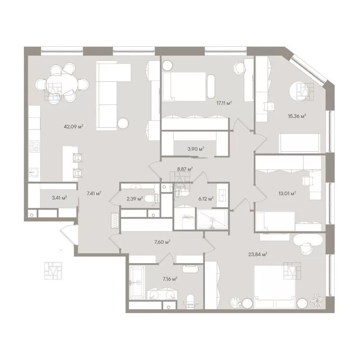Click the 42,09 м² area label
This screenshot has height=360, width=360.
coord(73,126)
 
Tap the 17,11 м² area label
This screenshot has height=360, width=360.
coord(224,103)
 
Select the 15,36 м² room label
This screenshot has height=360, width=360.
coord(297,116)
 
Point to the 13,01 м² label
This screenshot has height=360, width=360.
coord(287,193)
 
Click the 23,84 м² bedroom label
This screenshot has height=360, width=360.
coord(257,254)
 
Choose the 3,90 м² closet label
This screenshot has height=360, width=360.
coord(196,149)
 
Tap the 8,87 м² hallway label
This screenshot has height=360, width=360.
coord(185,169)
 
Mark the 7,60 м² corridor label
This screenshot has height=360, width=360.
coord(162,242)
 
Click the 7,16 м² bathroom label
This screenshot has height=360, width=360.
coord(170,279)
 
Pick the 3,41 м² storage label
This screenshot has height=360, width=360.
coord(59,198)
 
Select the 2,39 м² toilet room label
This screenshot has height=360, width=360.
coord(135,198)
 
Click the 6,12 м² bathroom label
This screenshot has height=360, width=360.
coord(206,199)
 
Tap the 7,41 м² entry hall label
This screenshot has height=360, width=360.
coord(94,193)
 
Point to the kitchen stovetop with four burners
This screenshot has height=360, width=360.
coord(34,146)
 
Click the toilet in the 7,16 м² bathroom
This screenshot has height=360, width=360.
coord(190,301)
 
